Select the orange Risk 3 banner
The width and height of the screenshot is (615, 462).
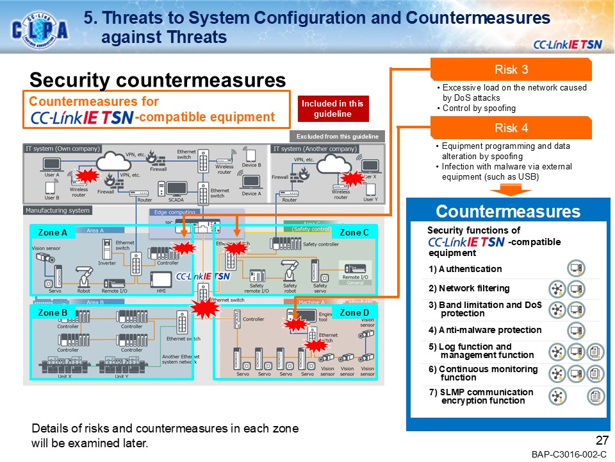click(x=511, y=70)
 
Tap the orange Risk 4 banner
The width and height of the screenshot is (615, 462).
click(x=511, y=128)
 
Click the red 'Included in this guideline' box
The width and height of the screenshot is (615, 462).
click(x=332, y=108)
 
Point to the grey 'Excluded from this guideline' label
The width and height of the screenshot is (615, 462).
click(x=337, y=136)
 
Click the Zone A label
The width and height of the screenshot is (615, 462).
click(x=53, y=232)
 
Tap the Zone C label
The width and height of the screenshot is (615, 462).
click(x=354, y=232)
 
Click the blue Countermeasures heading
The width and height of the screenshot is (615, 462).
click(x=508, y=212)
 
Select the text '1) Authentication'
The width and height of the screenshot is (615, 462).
click(x=465, y=269)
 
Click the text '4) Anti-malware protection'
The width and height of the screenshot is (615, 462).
click(x=485, y=330)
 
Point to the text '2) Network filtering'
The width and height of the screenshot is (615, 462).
click(x=469, y=289)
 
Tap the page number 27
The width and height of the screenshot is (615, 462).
click(x=601, y=441)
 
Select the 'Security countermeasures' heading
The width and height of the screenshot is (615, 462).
click(x=157, y=80)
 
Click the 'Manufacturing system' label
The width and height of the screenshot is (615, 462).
click(x=58, y=210)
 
